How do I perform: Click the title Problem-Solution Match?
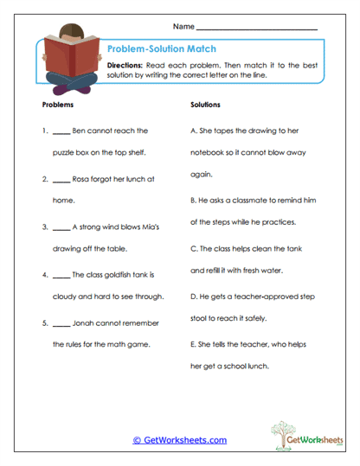[x=161, y=49]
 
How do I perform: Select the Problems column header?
[x=57, y=105]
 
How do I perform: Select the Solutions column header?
[x=205, y=105]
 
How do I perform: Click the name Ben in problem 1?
[x=80, y=131]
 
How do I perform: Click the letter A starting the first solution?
[x=192, y=131]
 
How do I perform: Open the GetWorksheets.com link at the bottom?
[x=179, y=440]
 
